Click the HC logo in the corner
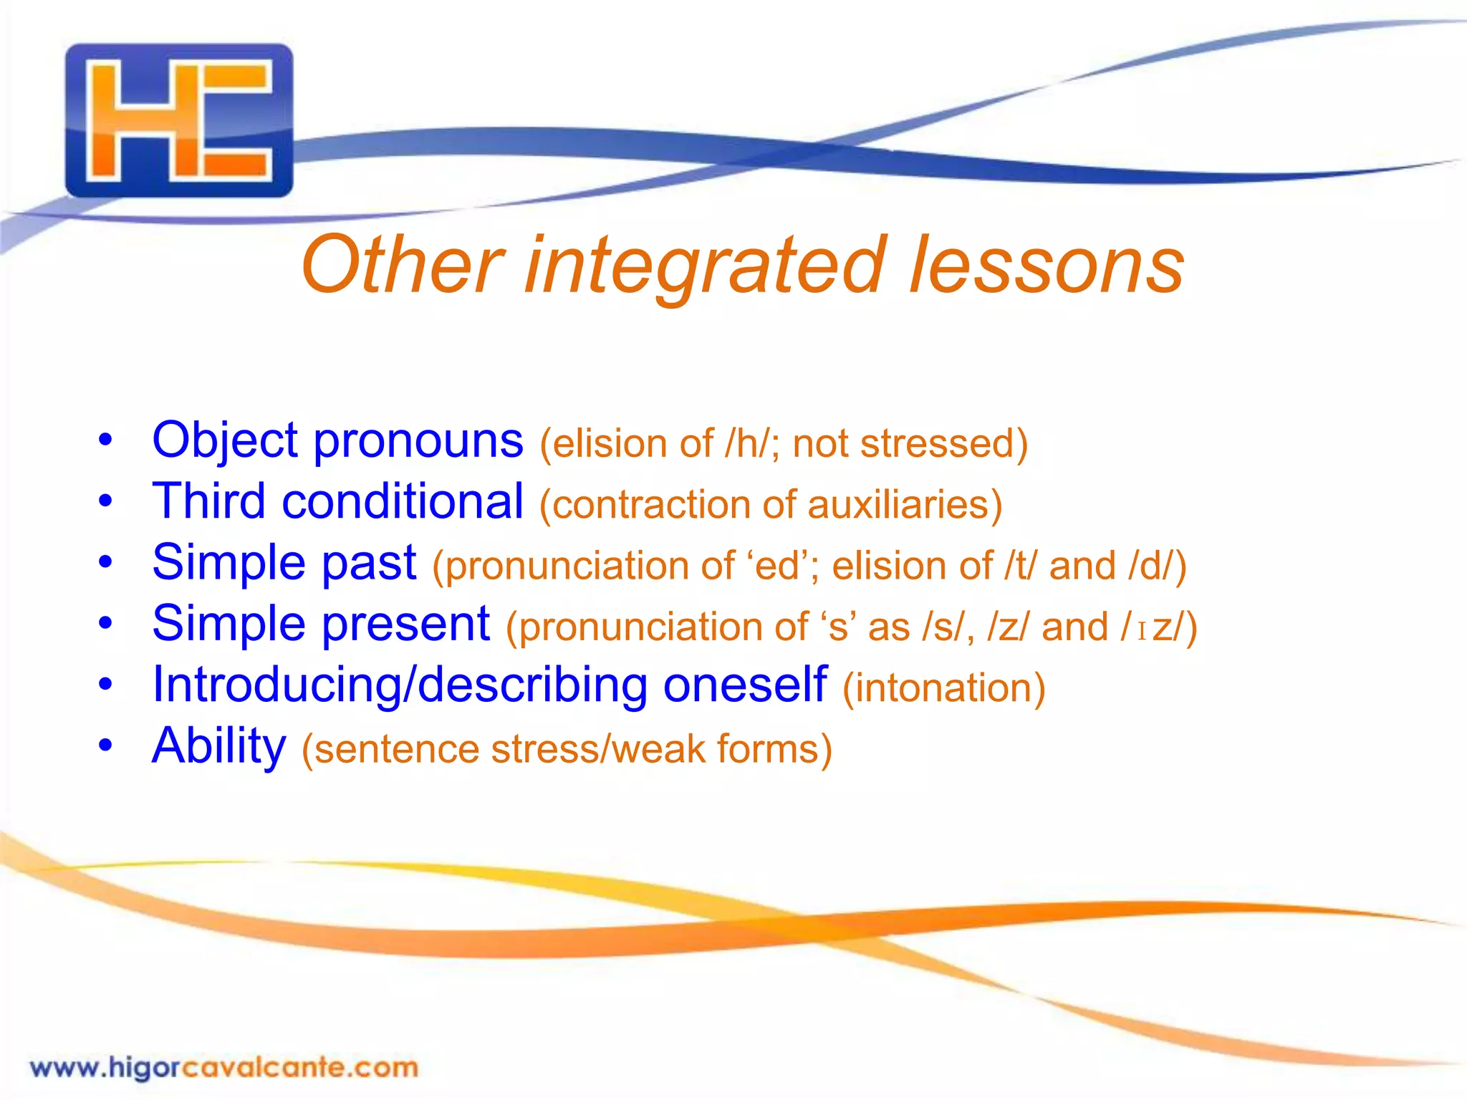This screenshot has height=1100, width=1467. coord(179,120)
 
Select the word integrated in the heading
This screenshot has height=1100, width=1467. coord(706,266)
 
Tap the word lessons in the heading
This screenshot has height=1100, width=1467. coord(1047,266)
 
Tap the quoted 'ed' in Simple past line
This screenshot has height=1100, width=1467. coord(776,566)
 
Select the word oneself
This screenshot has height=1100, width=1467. coord(745,685)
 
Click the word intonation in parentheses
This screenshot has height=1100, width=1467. coord(943,688)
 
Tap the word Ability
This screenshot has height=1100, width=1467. coord(219,746)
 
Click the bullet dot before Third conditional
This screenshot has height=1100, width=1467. coord(106,501)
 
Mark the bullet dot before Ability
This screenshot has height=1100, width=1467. coord(106,746)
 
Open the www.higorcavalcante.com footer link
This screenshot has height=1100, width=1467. coord(223,1068)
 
